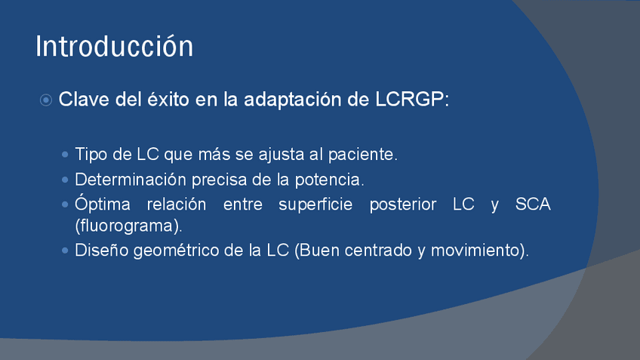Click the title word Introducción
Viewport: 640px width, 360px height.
pyautogui.click(x=114, y=46)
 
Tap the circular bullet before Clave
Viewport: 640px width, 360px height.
pyautogui.click(x=46, y=100)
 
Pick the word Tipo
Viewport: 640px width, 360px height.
pyautogui.click(x=91, y=154)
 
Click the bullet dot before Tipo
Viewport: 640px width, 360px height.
pyautogui.click(x=65, y=154)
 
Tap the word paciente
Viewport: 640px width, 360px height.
pyautogui.click(x=362, y=154)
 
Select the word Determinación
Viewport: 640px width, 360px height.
pyautogui.click(x=131, y=180)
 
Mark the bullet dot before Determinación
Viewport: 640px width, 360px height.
pyautogui.click(x=65, y=180)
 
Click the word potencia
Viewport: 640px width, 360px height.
pyautogui.click(x=329, y=180)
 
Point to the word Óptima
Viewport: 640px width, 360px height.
pyautogui.click(x=103, y=203)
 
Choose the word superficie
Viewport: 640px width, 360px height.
pyautogui.click(x=315, y=204)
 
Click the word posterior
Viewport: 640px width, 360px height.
pyautogui.click(x=403, y=204)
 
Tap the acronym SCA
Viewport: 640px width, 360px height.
pyautogui.click(x=533, y=204)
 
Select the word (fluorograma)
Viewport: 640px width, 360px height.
pyautogui.click(x=128, y=226)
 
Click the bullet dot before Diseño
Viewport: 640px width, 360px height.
pyautogui.click(x=65, y=251)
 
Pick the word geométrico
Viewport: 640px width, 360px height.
pyautogui.click(x=177, y=251)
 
